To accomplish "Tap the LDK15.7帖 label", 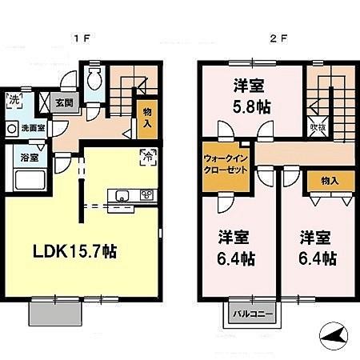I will pos(75,251).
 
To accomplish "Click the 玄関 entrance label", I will pos(65,102).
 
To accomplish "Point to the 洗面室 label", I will pos(34,128).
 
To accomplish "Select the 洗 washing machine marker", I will pos(14,102).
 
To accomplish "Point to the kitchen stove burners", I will pos(146,195).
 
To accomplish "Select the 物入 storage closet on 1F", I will pos(147,119).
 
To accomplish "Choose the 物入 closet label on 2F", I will pos(328,181).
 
